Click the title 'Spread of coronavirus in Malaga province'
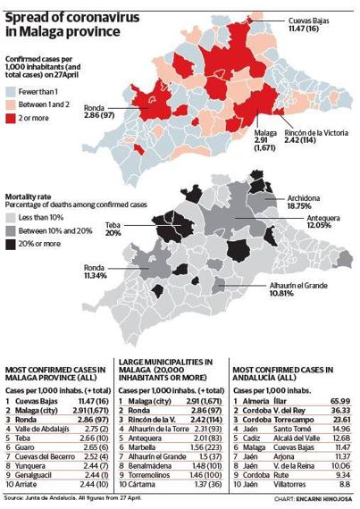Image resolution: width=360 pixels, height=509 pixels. click(67, 24)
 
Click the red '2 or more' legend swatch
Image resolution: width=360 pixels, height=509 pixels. click(13, 117)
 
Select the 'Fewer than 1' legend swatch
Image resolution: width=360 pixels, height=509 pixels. click(13, 92)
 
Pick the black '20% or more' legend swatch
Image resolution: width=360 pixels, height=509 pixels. click(13, 245)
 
